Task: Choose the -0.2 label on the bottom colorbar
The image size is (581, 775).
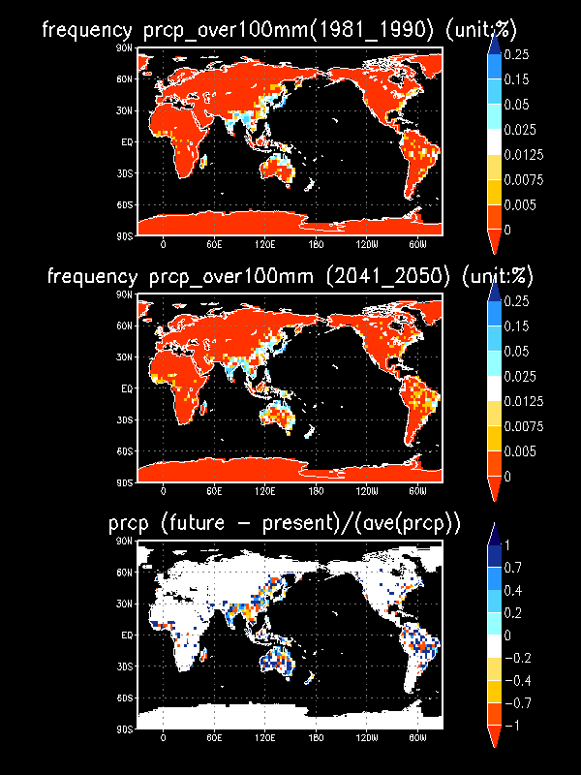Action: [x=524, y=659]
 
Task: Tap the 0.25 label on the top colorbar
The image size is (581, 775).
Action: [x=522, y=55]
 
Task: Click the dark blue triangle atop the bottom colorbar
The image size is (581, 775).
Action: [x=494, y=533]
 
